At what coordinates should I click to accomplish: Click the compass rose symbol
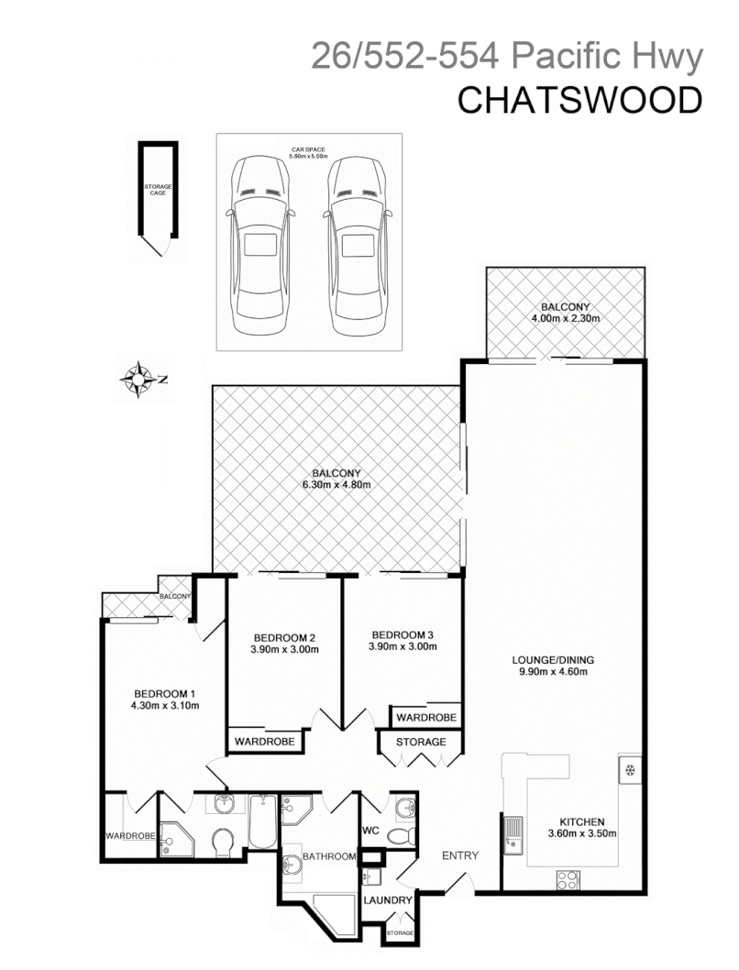click(x=139, y=377)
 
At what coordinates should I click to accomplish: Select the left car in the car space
click(x=259, y=247)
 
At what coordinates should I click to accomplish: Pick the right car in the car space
click(x=357, y=247)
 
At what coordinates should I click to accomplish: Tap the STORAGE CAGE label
click(x=158, y=190)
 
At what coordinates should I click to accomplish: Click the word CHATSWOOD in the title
click(x=579, y=101)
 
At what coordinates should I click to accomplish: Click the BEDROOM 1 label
click(x=165, y=693)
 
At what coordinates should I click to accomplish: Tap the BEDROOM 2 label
click(x=285, y=638)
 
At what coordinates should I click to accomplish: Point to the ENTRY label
click(x=460, y=855)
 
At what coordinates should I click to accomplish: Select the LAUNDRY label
click(x=387, y=900)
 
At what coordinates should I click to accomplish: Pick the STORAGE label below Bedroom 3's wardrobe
click(x=421, y=742)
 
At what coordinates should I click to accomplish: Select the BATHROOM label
click(x=329, y=856)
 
